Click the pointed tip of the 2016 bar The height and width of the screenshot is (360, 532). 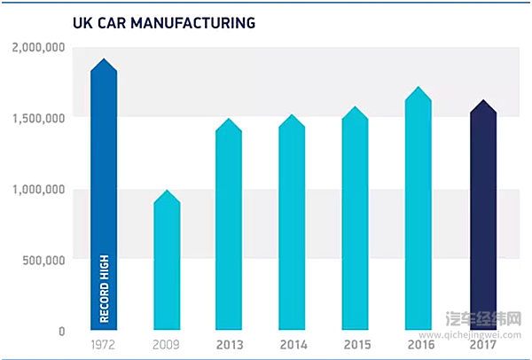(x=419, y=89)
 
